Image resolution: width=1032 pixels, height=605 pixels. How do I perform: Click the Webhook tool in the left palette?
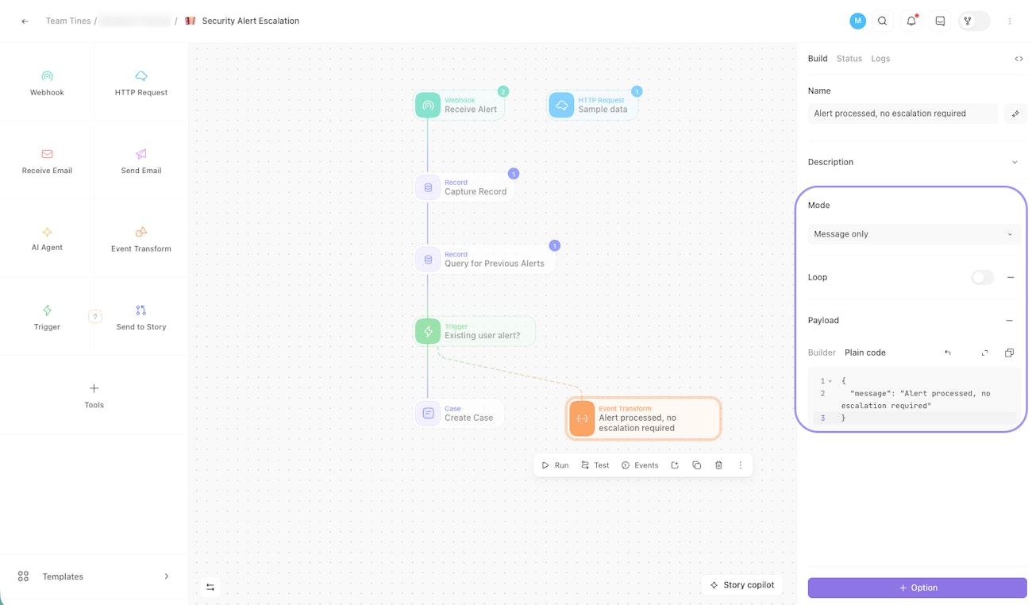[x=47, y=83]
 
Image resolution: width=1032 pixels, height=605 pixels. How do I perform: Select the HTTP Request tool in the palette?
[x=141, y=83]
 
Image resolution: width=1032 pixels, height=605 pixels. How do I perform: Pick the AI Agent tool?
[x=47, y=238]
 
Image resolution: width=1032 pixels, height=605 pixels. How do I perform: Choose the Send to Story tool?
[x=141, y=317]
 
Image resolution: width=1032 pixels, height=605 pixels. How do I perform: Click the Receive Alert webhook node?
[x=460, y=105]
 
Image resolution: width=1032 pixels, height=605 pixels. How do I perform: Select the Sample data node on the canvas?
[x=592, y=105]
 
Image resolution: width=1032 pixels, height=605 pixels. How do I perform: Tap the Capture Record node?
[x=464, y=187]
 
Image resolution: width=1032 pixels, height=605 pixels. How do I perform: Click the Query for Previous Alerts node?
[x=483, y=259]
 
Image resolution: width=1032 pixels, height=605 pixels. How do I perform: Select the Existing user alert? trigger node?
[x=475, y=331]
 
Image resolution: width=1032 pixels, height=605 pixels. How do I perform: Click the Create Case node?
[x=459, y=414]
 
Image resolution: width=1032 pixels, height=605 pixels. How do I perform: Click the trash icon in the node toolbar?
[x=718, y=465]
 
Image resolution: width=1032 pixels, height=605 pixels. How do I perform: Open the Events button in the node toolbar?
[x=640, y=465]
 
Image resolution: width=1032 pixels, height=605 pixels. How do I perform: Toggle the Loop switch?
[x=982, y=277]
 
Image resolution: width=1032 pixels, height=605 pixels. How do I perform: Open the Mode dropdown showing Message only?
[x=913, y=234]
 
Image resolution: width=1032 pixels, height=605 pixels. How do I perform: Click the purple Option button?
[x=917, y=588]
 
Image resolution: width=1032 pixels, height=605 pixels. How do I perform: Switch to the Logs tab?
[x=880, y=59]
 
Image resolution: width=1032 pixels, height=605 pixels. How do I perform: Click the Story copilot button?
[x=742, y=585]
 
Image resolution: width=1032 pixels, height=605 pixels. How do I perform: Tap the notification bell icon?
[x=911, y=21]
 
